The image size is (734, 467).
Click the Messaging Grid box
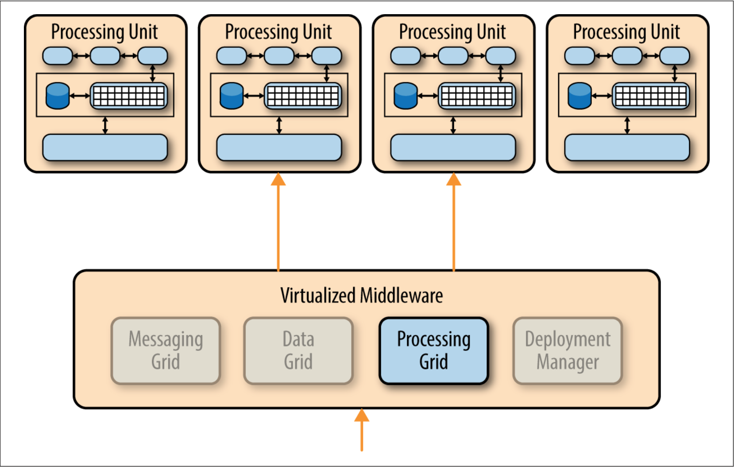tap(166, 350)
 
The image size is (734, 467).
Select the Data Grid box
tap(298, 350)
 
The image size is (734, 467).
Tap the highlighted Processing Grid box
tap(434, 350)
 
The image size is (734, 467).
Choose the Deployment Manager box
tap(568, 350)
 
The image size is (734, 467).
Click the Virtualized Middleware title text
tap(361, 296)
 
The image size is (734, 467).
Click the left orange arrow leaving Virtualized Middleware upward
tap(278, 222)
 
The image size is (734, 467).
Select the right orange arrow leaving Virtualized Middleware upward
tap(453, 222)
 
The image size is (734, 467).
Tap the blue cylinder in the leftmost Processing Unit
tap(58, 96)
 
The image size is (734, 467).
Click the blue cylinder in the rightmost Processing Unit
tap(579, 96)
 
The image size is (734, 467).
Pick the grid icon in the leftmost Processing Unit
tap(129, 96)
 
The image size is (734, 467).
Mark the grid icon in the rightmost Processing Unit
tap(651, 96)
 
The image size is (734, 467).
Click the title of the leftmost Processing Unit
tap(104, 32)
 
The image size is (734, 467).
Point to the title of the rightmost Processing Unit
tap(626, 32)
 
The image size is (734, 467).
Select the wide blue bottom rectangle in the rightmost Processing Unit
tap(627, 148)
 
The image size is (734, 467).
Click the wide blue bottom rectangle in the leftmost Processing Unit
tap(105, 148)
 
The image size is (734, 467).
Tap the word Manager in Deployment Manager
tap(568, 362)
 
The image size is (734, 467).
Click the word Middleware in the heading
tap(402, 296)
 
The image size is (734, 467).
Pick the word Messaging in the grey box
tap(166, 339)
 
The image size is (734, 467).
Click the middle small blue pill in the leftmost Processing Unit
tap(105, 56)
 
